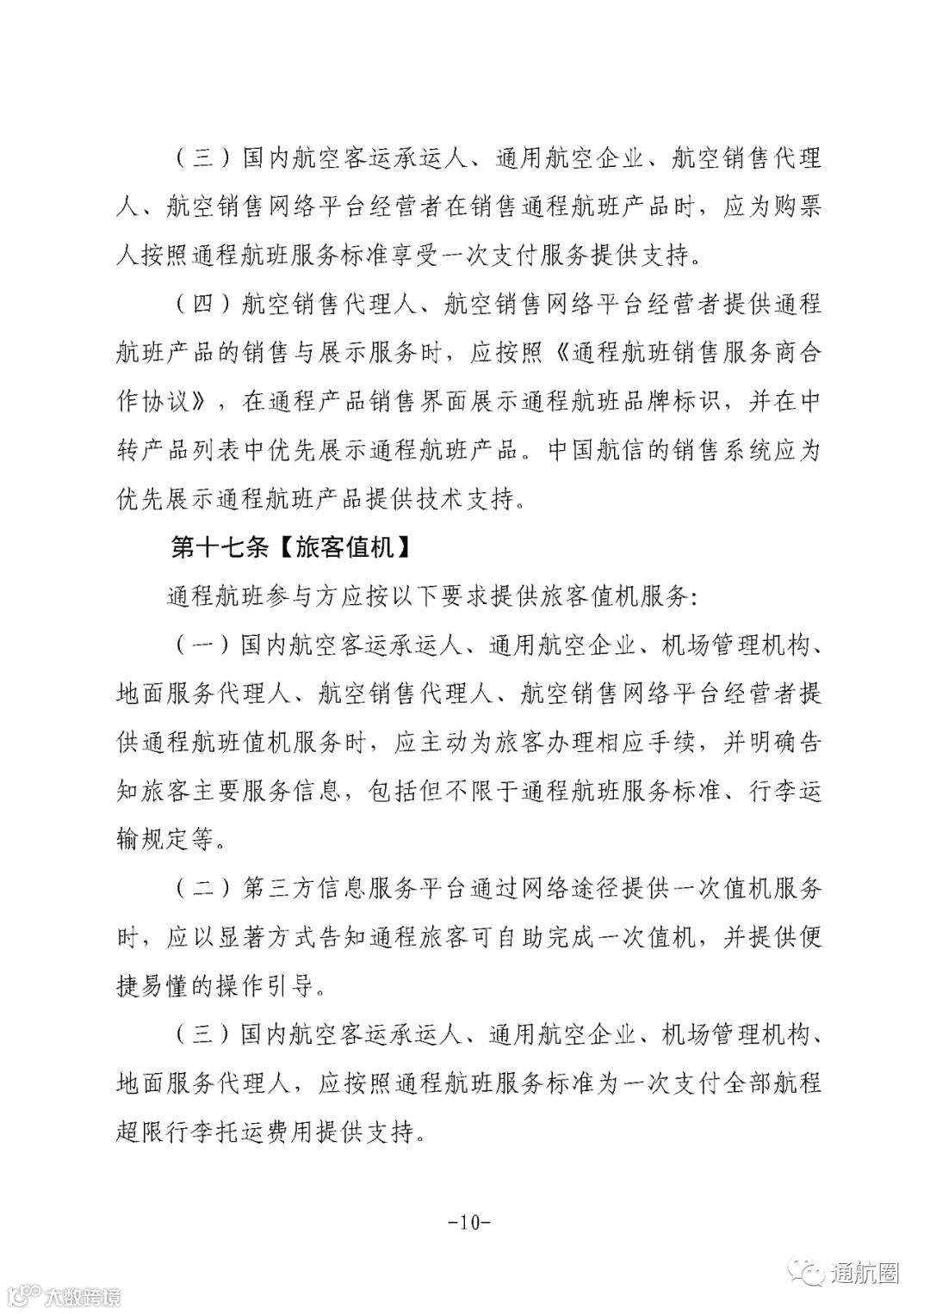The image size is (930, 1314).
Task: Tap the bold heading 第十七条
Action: click(x=216, y=547)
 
